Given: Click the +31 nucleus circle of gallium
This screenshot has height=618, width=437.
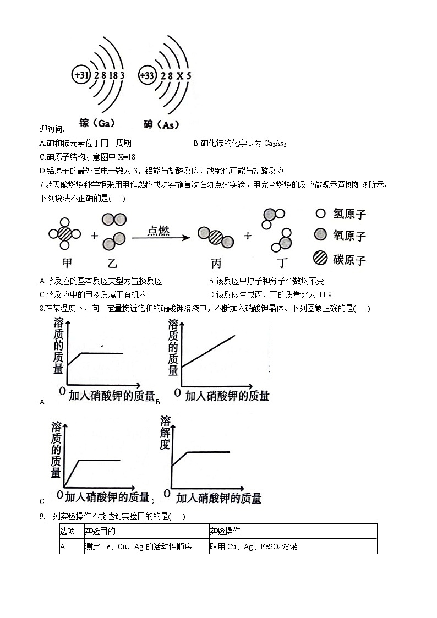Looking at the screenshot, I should pyautogui.click(x=81, y=75).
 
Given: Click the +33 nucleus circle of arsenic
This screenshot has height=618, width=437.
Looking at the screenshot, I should pyautogui.click(x=148, y=75).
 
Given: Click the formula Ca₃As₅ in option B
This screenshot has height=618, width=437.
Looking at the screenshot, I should pyautogui.click(x=276, y=144).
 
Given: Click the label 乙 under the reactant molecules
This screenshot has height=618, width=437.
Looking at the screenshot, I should pyautogui.click(x=112, y=262).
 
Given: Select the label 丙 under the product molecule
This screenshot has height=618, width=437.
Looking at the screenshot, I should pyautogui.click(x=216, y=262).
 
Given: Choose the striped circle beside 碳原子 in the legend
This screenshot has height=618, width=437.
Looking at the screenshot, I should pyautogui.click(x=320, y=259).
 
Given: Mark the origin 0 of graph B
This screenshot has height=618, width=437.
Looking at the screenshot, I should pyautogui.click(x=177, y=392).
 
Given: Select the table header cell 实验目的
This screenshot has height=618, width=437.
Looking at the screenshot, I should pyautogui.click(x=100, y=531).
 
